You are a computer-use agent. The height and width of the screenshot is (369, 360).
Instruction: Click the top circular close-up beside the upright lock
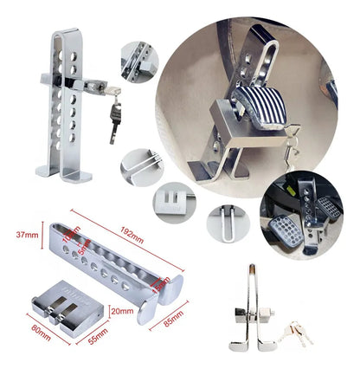[139, 60]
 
